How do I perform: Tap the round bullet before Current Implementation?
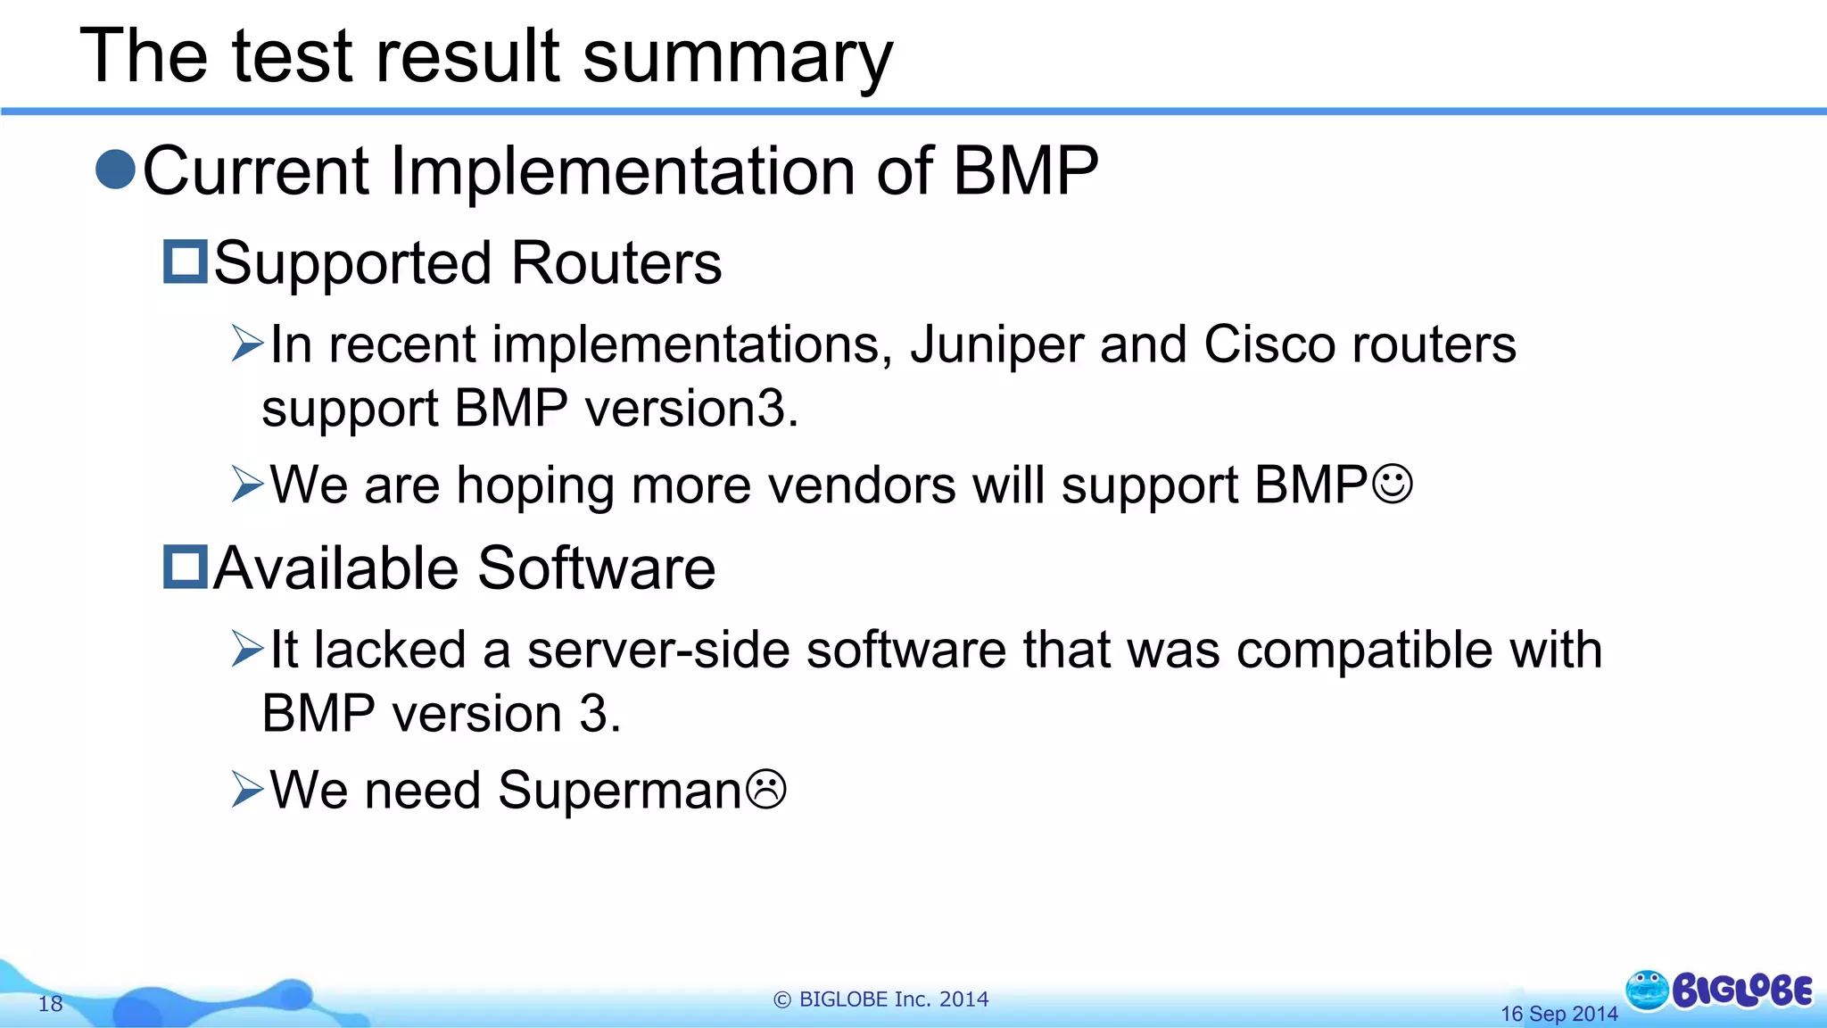pos(115,170)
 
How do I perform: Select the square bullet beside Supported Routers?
pos(186,261)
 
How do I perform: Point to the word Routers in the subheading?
pos(616,264)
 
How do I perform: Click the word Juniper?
pos(996,346)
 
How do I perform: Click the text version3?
pos(691,410)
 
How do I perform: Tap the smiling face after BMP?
pos(1392,485)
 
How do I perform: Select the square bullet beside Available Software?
pos(186,567)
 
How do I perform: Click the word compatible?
pos(1364,650)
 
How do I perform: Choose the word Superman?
pos(619,791)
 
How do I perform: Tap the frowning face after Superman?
pos(765,790)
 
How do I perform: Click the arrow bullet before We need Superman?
pos(247,790)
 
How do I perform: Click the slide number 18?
pos(50,1004)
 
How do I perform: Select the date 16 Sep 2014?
pos(1558,1014)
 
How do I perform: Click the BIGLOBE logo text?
pos(1741,991)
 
